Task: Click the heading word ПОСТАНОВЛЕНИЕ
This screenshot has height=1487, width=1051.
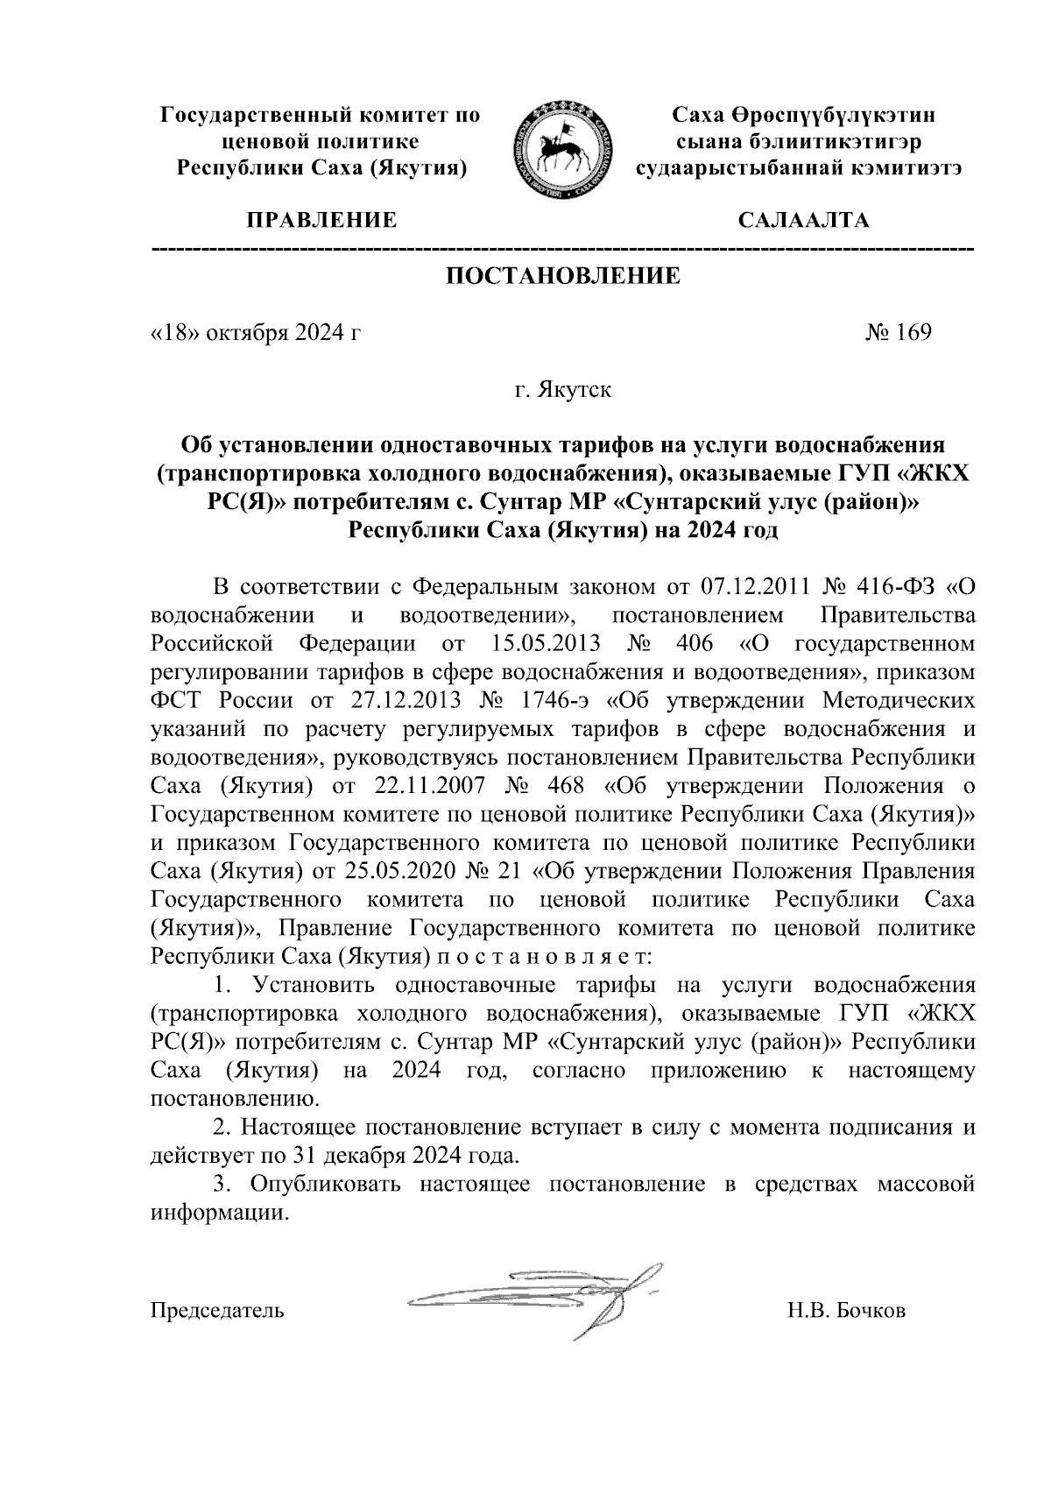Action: point(563,277)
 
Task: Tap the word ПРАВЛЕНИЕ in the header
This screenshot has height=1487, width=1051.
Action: point(321,220)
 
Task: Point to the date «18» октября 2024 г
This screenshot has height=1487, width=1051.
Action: point(256,333)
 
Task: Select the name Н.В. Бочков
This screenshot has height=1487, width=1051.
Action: point(846,1311)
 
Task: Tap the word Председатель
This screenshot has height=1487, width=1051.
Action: point(217,1311)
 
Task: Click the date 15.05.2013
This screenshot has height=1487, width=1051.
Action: point(540,644)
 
